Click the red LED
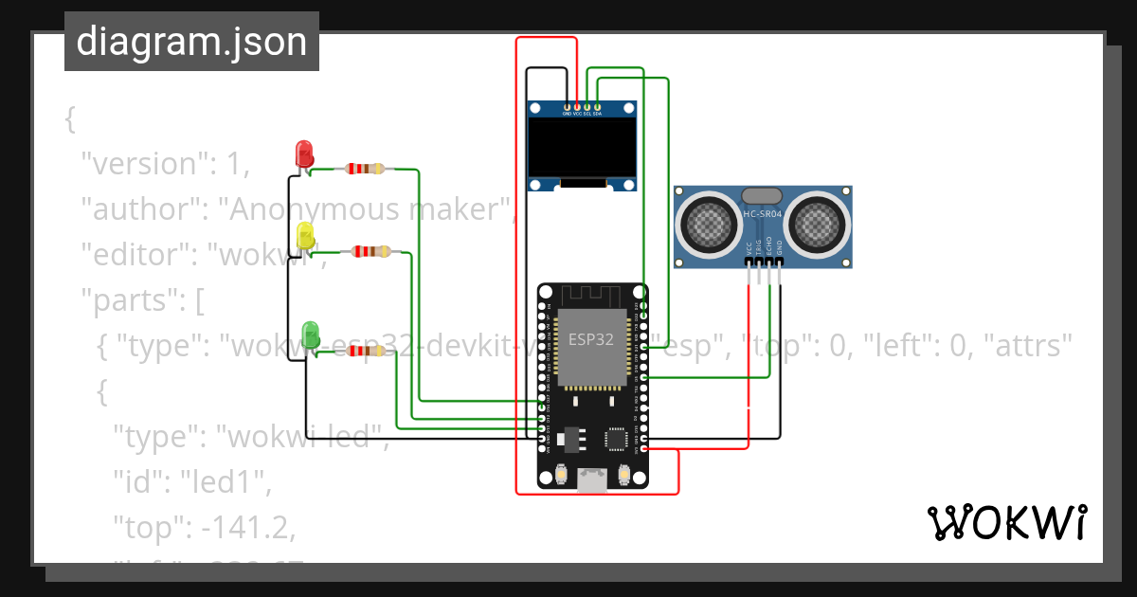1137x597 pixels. click(304, 153)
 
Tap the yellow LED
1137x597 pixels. click(305, 235)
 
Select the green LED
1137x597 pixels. click(310, 333)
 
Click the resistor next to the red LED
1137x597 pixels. click(365, 169)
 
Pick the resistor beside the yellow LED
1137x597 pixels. click(370, 251)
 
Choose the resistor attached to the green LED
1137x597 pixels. click(368, 351)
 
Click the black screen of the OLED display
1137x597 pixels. click(582, 146)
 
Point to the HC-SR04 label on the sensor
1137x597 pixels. click(762, 214)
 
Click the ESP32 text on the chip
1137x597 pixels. click(592, 337)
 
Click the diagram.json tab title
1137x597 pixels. click(191, 42)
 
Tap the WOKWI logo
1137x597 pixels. click(1005, 522)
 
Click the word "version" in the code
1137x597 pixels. click(142, 164)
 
